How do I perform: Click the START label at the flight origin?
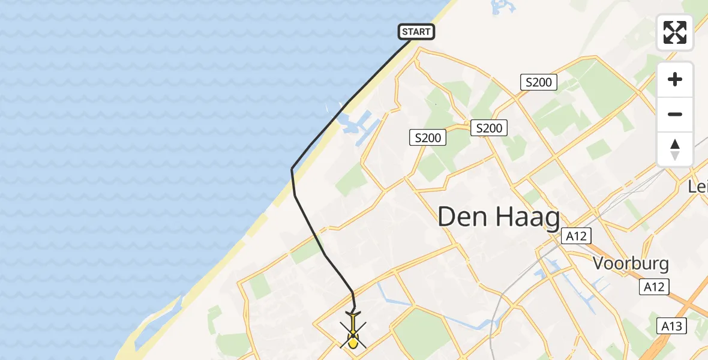416,32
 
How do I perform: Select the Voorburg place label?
631,263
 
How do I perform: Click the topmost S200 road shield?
538,82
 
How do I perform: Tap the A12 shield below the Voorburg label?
653,287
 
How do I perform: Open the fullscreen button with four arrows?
675,32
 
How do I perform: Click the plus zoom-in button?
675,79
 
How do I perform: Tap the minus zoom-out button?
675,115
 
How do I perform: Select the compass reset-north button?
675,149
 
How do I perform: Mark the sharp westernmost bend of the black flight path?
292,169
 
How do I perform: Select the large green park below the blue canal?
424,330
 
